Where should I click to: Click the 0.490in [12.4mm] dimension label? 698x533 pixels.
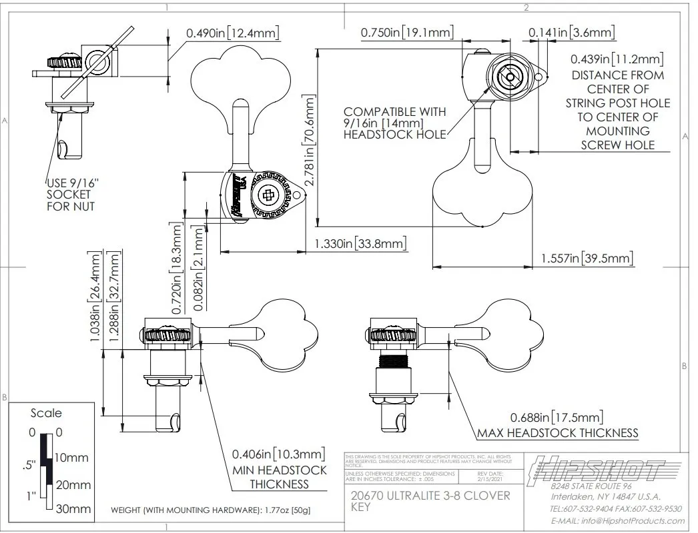tap(232, 32)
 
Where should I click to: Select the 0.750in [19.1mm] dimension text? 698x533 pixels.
tap(407, 32)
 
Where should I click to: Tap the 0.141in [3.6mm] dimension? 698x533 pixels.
tap(572, 32)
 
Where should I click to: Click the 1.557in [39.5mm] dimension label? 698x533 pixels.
tap(587, 258)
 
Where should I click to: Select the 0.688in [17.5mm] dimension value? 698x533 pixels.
tap(557, 417)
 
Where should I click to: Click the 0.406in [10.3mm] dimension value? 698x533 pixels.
tap(279, 454)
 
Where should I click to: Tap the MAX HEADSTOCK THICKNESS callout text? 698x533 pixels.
tap(557, 433)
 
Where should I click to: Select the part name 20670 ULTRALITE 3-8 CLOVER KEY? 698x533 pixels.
tap(430, 501)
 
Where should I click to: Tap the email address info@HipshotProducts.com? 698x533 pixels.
tap(617, 520)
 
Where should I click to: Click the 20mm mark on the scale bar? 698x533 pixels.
tap(73, 484)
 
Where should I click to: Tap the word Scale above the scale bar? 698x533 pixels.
tap(46, 413)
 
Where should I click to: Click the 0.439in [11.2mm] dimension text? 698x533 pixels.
tap(617, 59)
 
